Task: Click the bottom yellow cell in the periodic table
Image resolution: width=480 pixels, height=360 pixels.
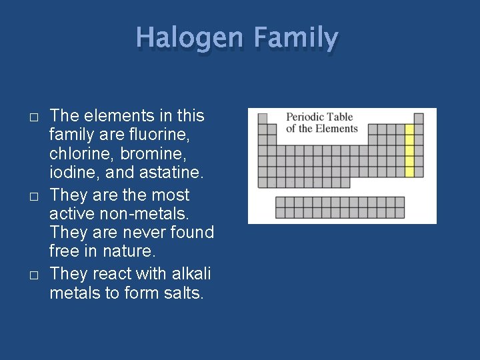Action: pyautogui.click(x=409, y=171)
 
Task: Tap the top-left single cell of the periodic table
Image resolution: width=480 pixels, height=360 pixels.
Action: pyautogui.click(x=263, y=119)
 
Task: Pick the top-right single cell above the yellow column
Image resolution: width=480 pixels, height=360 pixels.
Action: pyautogui.click(x=419, y=119)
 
